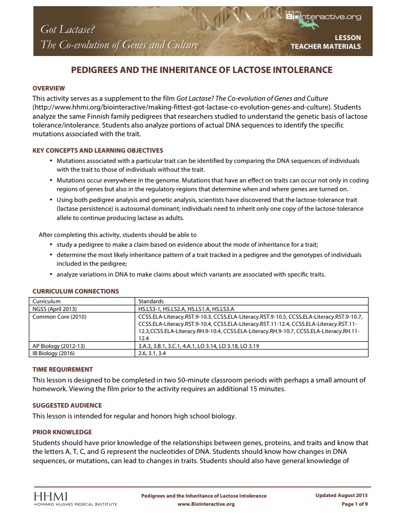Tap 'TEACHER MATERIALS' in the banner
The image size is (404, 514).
[x=325, y=46]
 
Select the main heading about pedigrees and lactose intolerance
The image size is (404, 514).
[x=201, y=70]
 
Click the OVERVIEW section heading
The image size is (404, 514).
[x=49, y=88]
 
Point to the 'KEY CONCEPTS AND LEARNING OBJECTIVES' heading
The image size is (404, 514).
[x=98, y=151]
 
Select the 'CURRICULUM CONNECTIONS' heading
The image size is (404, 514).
[x=76, y=291]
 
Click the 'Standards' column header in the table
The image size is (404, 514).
[x=151, y=301]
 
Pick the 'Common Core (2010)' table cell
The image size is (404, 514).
[x=59, y=317]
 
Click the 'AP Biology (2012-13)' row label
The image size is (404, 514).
[x=59, y=346]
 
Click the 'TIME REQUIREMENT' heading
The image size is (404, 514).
[x=63, y=369]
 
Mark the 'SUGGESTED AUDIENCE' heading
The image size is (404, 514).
[x=67, y=405]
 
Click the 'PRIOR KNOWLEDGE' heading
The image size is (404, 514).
[x=62, y=432]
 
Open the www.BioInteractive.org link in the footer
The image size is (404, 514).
[x=206, y=504]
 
